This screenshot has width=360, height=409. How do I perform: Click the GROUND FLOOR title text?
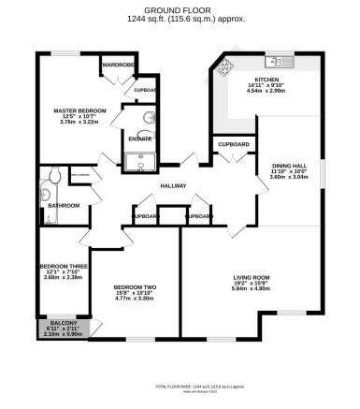tap(180, 10)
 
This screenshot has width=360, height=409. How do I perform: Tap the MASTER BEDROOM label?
tap(79, 110)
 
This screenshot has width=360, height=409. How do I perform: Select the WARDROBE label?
tap(119, 66)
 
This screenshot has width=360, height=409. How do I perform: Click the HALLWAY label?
tap(173, 185)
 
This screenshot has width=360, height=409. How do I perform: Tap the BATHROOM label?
tap(64, 205)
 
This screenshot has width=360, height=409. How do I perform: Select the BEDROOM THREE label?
tap(63, 267)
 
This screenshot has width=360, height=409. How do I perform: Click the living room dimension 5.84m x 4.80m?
tap(252, 289)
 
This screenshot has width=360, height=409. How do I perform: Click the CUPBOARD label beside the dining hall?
tap(233, 145)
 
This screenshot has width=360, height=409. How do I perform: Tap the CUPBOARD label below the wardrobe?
tap(146, 91)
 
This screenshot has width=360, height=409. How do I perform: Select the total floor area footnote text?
tap(180, 386)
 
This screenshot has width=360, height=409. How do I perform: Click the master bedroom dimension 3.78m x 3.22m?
tap(79, 123)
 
